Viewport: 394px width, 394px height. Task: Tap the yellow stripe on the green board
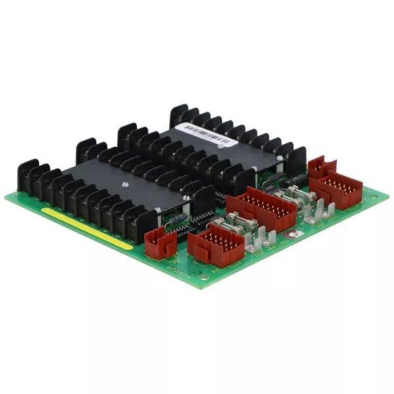[x=85, y=228]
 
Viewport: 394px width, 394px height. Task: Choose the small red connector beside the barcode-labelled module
[x=322, y=167]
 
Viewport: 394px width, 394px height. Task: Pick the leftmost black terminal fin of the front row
[x=28, y=176]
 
